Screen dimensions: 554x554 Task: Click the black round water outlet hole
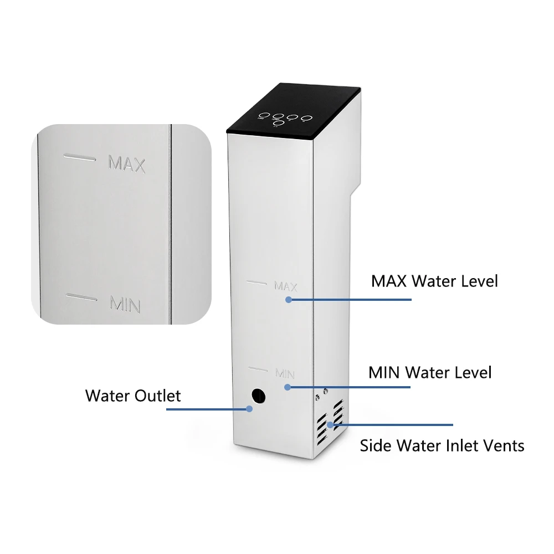click(258, 396)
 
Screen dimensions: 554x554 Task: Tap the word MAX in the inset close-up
click(127, 164)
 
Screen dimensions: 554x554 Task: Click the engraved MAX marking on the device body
click(286, 286)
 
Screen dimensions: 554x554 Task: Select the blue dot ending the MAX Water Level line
click(289, 299)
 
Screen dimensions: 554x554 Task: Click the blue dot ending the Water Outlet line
click(249, 409)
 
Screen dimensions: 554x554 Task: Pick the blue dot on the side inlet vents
click(330, 425)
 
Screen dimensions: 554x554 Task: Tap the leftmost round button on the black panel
click(263, 116)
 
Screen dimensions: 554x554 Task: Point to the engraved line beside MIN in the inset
click(81, 297)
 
